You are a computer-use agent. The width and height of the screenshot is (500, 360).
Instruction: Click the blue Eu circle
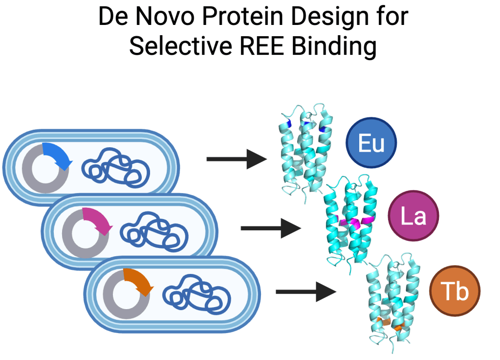click(371, 144)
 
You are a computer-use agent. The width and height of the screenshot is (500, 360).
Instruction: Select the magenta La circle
click(413, 216)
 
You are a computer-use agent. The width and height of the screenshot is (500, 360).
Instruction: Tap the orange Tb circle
click(455, 291)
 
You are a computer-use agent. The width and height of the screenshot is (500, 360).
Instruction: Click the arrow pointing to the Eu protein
click(237, 159)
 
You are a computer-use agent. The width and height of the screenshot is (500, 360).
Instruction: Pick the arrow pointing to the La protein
click(271, 228)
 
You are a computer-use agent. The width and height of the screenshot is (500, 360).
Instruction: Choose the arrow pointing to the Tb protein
click(306, 292)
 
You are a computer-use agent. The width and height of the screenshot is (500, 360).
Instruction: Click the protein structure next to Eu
click(304, 152)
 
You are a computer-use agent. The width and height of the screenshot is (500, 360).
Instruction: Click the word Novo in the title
click(168, 18)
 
